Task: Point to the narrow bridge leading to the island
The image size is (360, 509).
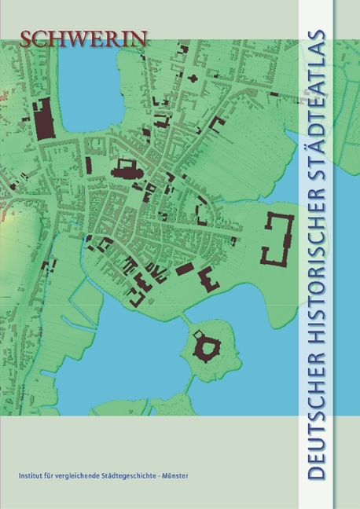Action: coord(187,318)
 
